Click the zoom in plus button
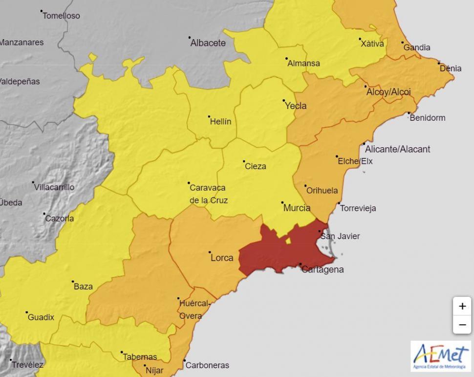point(462,307)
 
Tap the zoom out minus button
point(462,325)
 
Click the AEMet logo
point(441,356)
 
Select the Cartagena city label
point(323,269)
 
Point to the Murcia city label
point(297,208)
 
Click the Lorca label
point(221,258)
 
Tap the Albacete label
point(208,43)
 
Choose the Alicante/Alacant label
point(397,149)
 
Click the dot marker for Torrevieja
point(339,203)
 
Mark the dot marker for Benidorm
point(409,113)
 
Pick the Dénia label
point(450,68)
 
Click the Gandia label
point(417,47)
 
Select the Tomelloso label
point(61,16)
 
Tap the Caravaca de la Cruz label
point(208,194)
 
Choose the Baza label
point(83,287)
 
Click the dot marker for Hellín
point(209,116)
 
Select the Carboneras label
point(207,365)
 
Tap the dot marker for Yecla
point(284,101)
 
